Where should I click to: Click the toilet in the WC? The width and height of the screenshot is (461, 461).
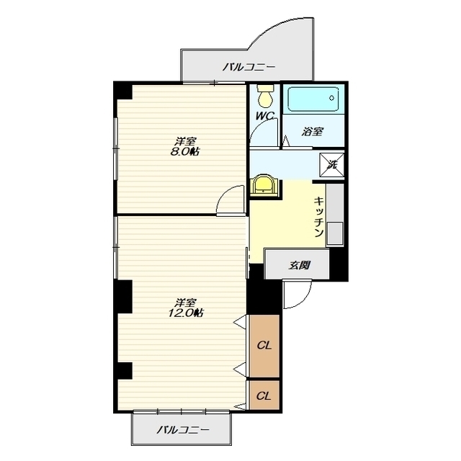click(265, 96)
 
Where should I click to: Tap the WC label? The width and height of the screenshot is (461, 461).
click(264, 115)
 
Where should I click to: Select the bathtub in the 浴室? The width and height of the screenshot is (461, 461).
click(313, 99)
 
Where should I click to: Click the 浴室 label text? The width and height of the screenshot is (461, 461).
click(312, 131)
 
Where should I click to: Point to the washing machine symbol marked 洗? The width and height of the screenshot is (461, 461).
click(331, 165)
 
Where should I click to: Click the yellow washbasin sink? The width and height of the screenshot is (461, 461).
click(263, 185)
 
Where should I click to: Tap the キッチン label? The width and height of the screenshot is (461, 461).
click(319, 216)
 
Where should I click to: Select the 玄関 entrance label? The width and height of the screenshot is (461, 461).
click(299, 266)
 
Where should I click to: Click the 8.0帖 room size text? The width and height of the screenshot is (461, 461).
click(185, 152)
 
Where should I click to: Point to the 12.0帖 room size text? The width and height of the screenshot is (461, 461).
click(186, 313)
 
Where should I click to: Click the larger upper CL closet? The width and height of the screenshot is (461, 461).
click(264, 346)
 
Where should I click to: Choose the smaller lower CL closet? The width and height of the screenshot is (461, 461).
click(264, 395)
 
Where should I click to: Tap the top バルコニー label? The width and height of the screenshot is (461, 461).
click(249, 67)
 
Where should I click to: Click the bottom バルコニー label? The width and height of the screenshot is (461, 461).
click(183, 430)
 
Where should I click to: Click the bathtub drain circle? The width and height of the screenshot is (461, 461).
click(332, 98)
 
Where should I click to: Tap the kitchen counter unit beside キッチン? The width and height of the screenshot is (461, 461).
click(335, 215)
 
